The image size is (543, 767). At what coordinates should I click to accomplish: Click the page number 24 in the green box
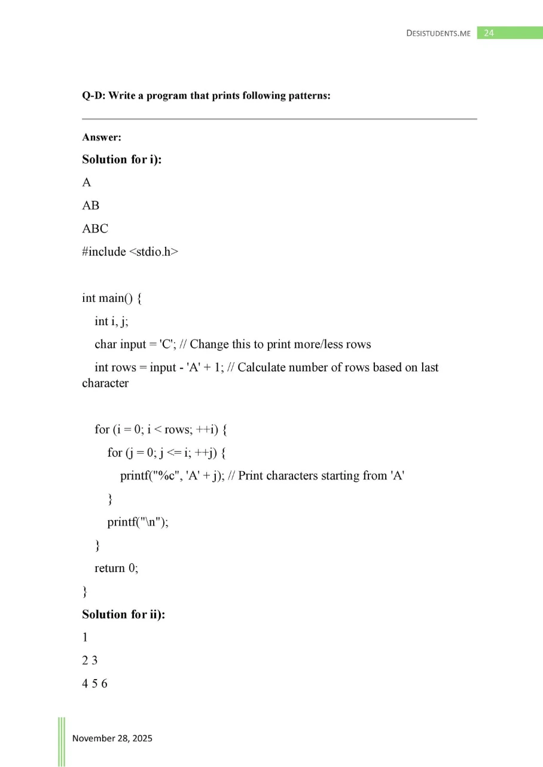tap(489, 33)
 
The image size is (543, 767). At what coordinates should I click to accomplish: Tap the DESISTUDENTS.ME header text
tap(438, 33)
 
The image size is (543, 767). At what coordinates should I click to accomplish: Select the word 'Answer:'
tap(102, 137)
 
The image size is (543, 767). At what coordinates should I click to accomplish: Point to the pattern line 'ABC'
tap(95, 228)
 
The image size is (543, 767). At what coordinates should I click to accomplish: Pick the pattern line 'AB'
tap(91, 206)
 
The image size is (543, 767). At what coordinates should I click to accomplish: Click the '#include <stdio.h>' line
tap(130, 252)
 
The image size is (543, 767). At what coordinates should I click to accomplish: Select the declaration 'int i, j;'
tap(112, 321)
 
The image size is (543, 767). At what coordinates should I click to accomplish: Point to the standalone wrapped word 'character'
tap(105, 383)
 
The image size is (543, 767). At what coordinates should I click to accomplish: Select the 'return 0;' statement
tap(117, 568)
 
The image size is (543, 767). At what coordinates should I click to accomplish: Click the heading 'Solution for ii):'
tap(124, 614)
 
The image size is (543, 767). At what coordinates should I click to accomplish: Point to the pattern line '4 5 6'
tap(94, 684)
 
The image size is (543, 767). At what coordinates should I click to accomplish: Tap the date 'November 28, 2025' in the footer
tap(112, 738)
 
